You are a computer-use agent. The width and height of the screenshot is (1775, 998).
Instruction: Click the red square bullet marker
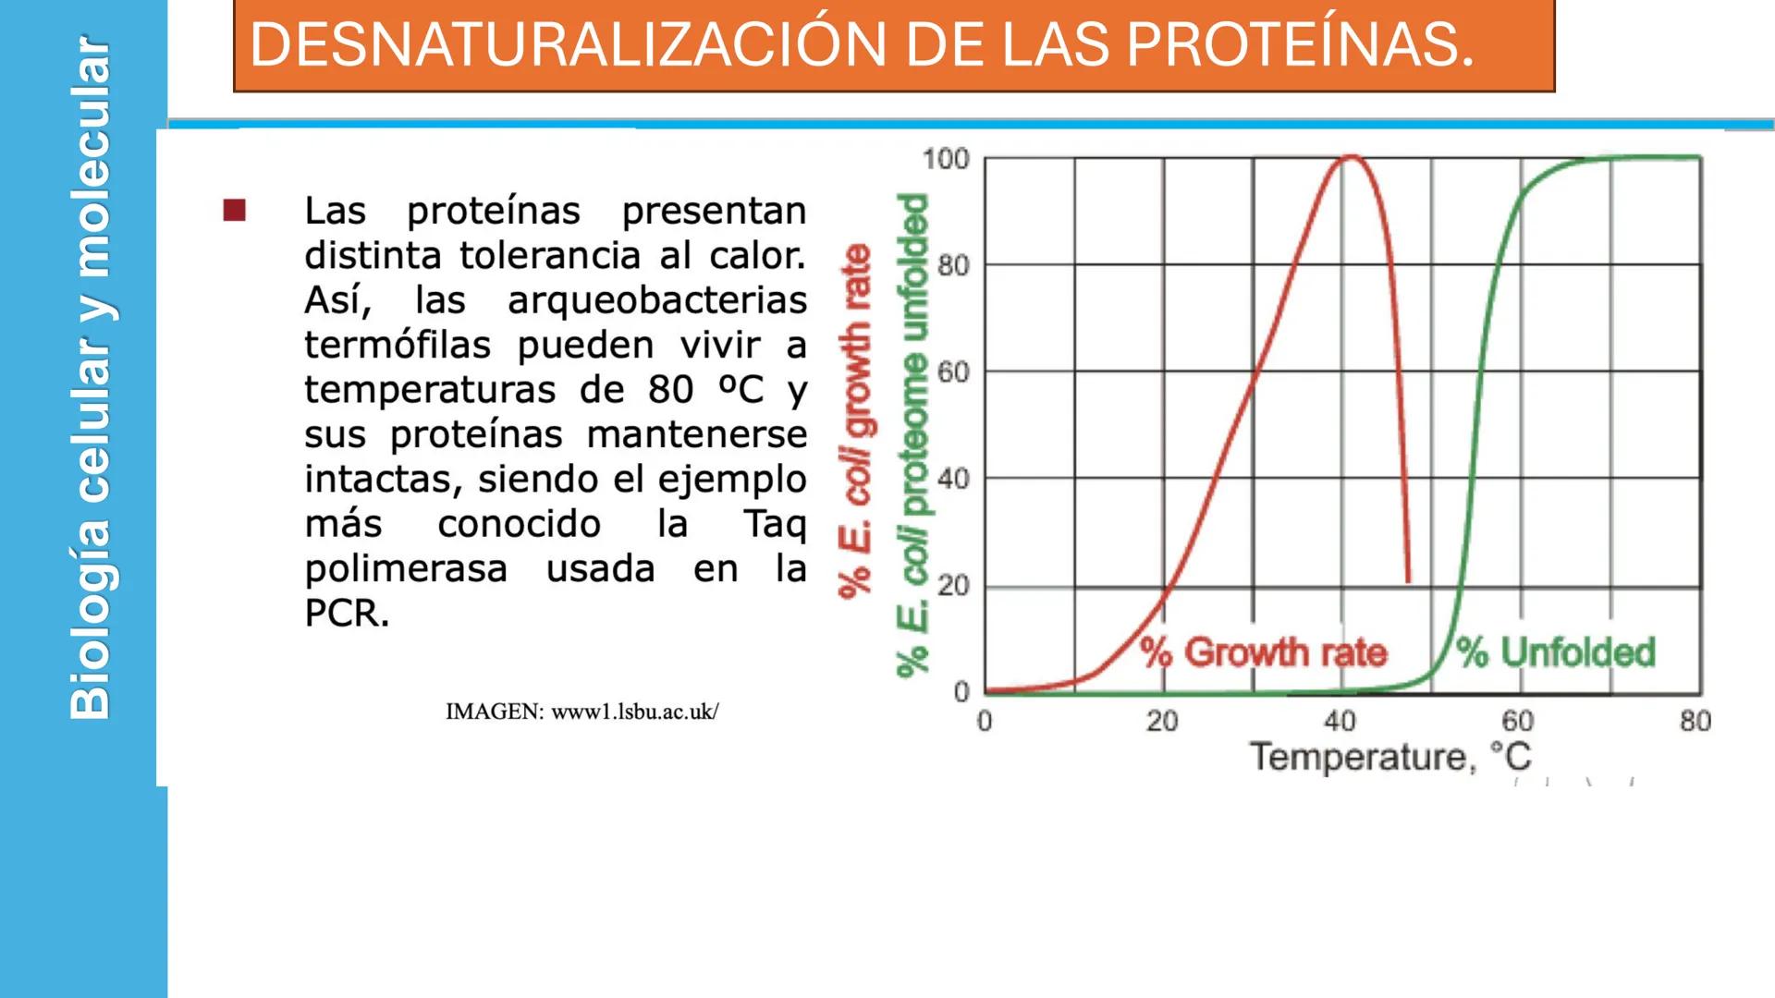235,211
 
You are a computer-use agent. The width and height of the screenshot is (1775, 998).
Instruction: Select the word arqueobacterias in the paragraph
657,300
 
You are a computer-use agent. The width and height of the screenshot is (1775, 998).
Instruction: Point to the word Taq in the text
775,524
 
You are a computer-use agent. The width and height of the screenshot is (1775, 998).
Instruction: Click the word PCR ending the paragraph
346,614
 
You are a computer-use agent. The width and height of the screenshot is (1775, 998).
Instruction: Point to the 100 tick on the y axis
946,159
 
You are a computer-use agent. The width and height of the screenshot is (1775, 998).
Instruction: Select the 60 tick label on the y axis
953,372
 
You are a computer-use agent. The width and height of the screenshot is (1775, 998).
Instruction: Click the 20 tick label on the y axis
953,586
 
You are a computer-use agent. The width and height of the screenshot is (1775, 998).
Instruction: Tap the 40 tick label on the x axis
1340,722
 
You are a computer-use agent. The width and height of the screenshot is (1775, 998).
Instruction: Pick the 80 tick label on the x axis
1695,722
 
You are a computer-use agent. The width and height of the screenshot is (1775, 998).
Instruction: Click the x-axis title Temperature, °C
1390,757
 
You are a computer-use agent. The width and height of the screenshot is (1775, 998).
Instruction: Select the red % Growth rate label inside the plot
1264,652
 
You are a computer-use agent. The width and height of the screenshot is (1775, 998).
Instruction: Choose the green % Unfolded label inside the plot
1556,652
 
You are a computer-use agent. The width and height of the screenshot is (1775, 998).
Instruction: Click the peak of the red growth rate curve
1351,157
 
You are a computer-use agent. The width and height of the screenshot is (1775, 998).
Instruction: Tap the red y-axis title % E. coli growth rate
856,420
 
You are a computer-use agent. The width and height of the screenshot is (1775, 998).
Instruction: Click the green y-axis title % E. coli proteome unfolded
913,434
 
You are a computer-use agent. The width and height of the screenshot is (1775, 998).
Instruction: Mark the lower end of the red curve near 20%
1408,579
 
